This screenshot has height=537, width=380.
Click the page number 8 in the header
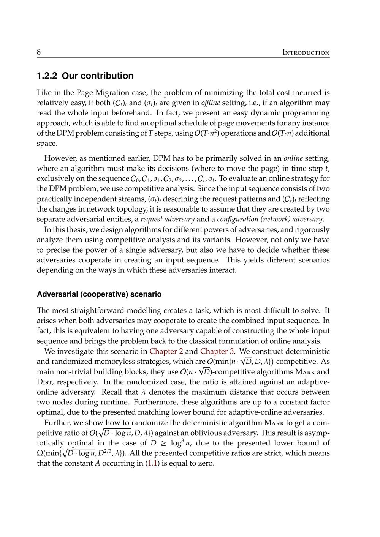pyautogui.click(x=39, y=52)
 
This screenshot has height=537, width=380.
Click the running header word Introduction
pyautogui.click(x=306, y=52)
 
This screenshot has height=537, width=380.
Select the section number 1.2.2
pyautogui.click(x=47, y=76)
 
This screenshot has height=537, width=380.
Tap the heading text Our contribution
pyautogui.click(x=98, y=76)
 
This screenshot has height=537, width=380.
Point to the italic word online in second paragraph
pyautogui.click(x=293, y=158)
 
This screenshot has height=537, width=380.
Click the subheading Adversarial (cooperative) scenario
pyautogui.click(x=99, y=294)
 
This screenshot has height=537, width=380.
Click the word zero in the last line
pyautogui.click(x=205, y=463)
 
